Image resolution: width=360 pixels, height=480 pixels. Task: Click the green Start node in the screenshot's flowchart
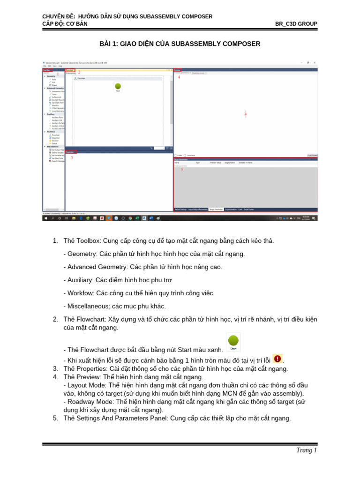(118, 86)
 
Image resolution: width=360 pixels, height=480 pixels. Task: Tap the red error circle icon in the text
(277, 359)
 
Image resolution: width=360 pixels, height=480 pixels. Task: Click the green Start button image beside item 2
(233, 341)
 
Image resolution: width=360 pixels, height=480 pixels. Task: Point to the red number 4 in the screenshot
(179, 77)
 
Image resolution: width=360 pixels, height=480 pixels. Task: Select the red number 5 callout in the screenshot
(182, 169)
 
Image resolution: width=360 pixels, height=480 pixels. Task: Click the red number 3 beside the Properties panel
(72, 157)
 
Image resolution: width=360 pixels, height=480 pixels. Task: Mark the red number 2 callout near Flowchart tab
(79, 72)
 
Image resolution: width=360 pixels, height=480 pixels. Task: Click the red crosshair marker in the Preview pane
(246, 114)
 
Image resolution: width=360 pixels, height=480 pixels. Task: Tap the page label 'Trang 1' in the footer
(307, 450)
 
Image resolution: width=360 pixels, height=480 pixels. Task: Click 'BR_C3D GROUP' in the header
(296, 24)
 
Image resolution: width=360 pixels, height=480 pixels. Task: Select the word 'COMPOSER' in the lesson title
(239, 44)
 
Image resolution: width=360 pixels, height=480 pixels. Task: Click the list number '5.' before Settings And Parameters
(55, 419)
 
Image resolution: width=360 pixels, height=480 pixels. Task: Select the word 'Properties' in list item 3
(92, 369)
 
